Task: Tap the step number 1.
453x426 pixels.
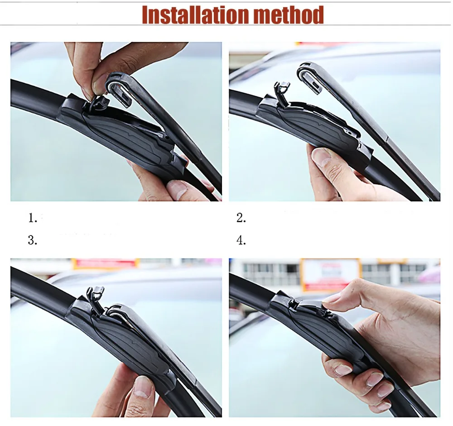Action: [x=33, y=218]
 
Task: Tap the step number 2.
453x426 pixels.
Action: [x=241, y=218]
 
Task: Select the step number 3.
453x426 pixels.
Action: [x=33, y=240]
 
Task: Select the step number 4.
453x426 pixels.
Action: [x=241, y=240]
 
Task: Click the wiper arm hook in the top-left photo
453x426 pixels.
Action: [x=119, y=90]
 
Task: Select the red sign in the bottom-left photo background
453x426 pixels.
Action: [x=105, y=263]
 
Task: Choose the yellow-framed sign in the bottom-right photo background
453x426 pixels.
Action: [x=330, y=274]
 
